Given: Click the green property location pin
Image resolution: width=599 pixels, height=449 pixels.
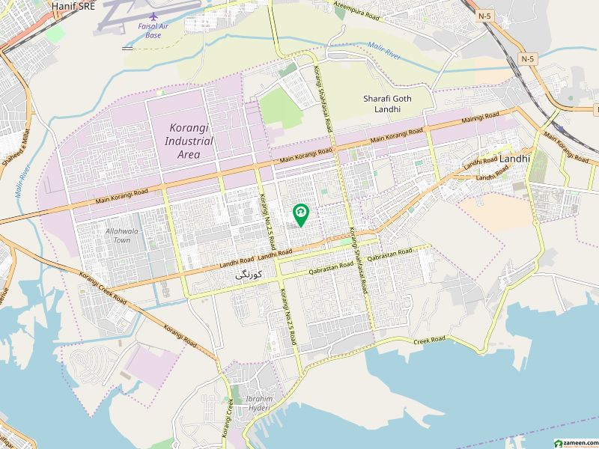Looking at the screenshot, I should pos(300,216).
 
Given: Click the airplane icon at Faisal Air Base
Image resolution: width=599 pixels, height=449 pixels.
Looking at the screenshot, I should pos(153,16).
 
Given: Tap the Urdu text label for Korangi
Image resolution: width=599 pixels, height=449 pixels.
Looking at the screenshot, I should pos(244,275).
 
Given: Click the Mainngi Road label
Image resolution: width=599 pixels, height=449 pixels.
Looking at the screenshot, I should pos(480,117).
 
